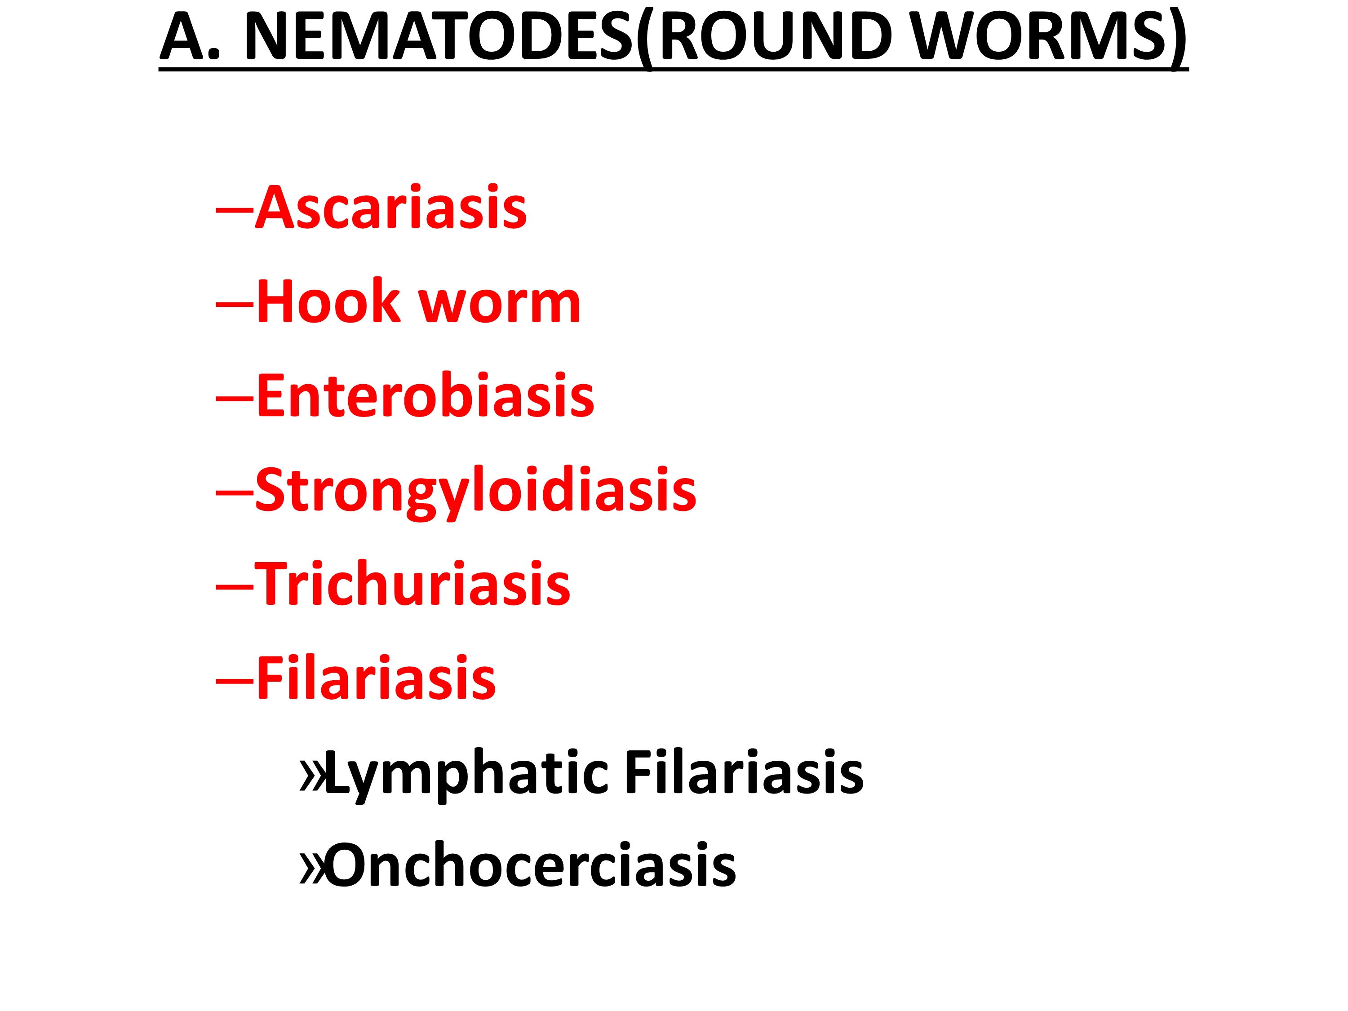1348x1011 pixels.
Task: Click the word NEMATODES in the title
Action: [x=439, y=36]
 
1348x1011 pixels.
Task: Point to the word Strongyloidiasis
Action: [x=476, y=491]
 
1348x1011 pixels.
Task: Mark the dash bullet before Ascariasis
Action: [x=235, y=209]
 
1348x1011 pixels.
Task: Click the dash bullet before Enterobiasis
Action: [x=235, y=397]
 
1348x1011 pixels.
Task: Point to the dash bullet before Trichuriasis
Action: [x=235, y=585]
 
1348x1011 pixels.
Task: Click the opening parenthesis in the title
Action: [x=645, y=38]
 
